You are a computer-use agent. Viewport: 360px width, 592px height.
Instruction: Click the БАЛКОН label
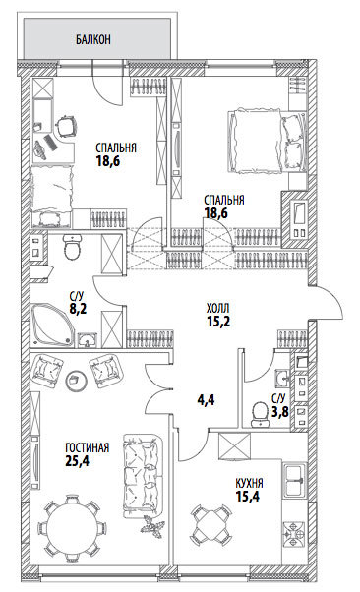click(92, 39)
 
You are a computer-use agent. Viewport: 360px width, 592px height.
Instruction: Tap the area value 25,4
click(77, 461)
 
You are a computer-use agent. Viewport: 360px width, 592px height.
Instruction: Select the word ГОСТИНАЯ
click(88, 448)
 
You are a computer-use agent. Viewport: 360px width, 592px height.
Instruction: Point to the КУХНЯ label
click(249, 483)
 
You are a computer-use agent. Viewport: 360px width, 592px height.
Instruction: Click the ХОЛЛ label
click(218, 309)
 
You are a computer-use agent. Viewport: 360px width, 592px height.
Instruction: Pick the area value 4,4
click(206, 399)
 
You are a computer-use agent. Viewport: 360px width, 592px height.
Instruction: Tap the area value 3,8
click(280, 411)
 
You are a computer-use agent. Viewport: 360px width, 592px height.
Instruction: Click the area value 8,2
click(78, 309)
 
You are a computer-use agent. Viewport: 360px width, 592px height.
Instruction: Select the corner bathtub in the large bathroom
click(51, 324)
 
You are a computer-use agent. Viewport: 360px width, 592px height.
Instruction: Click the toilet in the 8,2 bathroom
click(72, 247)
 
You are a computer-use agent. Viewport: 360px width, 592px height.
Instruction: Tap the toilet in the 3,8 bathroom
click(259, 413)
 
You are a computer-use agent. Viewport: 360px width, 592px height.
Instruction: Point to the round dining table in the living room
click(69, 527)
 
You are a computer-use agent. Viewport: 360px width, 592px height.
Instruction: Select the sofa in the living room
click(143, 477)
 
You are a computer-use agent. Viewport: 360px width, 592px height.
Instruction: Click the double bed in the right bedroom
click(267, 142)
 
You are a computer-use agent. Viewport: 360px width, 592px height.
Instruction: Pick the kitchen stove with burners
click(295, 534)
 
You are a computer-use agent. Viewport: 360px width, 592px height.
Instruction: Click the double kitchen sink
click(295, 480)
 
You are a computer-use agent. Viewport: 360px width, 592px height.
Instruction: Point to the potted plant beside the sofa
click(153, 527)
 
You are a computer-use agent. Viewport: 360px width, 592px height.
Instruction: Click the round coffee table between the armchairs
click(76, 381)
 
